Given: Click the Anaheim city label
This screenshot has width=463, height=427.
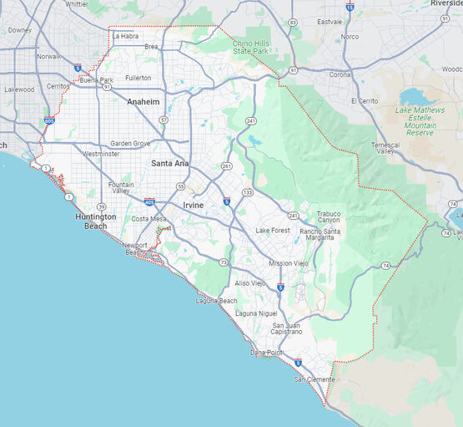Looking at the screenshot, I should (138, 101).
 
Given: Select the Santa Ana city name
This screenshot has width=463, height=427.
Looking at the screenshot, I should (169, 163).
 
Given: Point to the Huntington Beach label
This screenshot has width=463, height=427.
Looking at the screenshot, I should (95, 221).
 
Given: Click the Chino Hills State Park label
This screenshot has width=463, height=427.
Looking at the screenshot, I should (253, 47).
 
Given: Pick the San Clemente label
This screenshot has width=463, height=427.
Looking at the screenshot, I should (312, 380).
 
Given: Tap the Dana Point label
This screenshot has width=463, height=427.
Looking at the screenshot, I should (267, 353).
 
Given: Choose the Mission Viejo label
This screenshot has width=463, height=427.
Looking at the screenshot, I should (288, 262).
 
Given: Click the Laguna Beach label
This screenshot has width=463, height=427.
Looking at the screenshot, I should (217, 300).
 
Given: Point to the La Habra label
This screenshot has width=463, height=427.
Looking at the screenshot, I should (125, 36).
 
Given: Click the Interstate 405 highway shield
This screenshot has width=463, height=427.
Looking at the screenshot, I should (148, 201).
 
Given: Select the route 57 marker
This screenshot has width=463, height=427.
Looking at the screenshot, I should (164, 119).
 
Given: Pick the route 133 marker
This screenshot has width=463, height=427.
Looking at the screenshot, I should (248, 192).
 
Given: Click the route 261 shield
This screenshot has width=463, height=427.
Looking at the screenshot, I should (226, 165).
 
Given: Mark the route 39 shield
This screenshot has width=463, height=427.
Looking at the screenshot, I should (101, 206).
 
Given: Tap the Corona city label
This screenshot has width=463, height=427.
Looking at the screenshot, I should (317, 74).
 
